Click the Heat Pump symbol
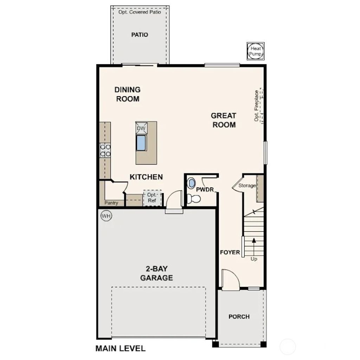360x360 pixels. [256, 51]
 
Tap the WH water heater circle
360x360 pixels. [106, 216]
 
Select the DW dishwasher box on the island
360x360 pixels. [141, 128]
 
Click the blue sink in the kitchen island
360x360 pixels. [141, 143]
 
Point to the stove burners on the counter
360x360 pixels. [105, 150]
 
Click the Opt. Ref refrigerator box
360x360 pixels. [152, 198]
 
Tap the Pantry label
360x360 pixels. [111, 203]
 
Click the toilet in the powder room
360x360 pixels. [193, 199]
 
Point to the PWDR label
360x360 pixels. [205, 189]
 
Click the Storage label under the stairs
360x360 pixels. [247, 186]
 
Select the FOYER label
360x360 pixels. [230, 252]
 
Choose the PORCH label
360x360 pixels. [239, 316]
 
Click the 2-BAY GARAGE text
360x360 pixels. [156, 273]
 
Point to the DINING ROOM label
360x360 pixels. [128, 94]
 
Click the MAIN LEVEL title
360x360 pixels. [120, 348]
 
